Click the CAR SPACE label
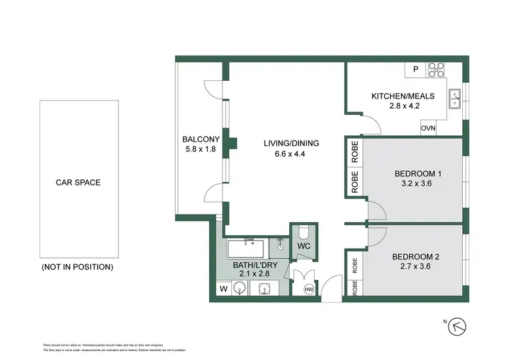point(78,183)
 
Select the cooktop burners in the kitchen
point(436,69)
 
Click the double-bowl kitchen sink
point(455,100)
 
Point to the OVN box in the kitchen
point(428,128)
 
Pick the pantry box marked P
point(415,69)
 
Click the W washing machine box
point(223,289)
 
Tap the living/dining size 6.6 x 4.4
point(291,154)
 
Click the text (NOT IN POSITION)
point(77,267)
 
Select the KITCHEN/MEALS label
point(402,96)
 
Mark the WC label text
point(303,247)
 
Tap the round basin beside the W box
point(239,289)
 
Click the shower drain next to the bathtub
point(280,242)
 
